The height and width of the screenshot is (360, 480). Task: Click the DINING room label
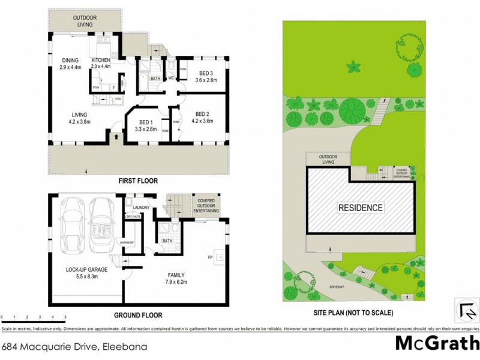click(71, 60)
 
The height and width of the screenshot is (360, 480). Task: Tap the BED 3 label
click(202, 73)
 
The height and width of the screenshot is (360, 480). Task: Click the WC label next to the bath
click(171, 78)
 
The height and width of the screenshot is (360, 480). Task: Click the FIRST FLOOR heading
click(138, 180)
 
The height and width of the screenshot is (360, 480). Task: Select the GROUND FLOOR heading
click(139, 314)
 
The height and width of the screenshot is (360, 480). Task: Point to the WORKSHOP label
click(127, 242)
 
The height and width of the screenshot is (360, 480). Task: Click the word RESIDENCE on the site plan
click(360, 208)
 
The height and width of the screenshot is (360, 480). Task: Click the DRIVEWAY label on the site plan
click(337, 287)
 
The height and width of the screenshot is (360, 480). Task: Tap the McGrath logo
click(437, 343)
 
